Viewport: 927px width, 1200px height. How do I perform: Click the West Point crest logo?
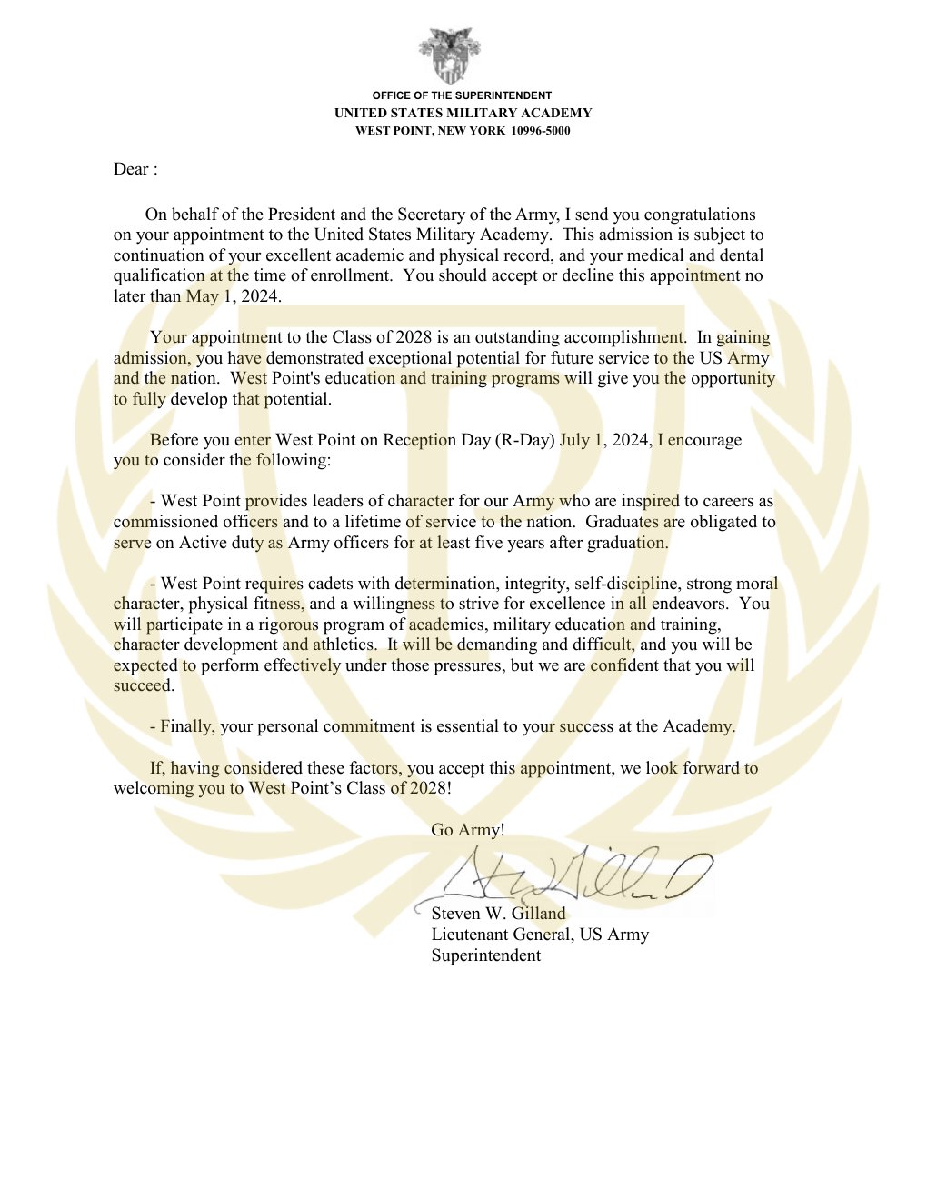point(449,55)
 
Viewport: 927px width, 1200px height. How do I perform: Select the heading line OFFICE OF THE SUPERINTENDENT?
point(462,95)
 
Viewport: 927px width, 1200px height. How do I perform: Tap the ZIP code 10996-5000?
point(541,131)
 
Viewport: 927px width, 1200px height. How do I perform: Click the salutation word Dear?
point(131,169)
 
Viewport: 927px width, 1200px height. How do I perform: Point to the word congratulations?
point(700,215)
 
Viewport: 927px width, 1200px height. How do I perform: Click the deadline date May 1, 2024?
point(234,296)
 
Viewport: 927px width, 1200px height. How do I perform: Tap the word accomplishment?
point(624,337)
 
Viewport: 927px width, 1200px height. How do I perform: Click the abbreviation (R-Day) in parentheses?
point(524,440)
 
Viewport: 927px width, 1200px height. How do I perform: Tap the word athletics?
point(344,645)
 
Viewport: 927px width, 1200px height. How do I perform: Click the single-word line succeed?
point(144,685)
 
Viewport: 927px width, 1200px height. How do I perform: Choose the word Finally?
point(187,726)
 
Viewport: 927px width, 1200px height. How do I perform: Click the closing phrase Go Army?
point(468,829)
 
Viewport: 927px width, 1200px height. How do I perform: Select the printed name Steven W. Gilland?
point(498,914)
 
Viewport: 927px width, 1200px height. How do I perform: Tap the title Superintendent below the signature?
point(486,955)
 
